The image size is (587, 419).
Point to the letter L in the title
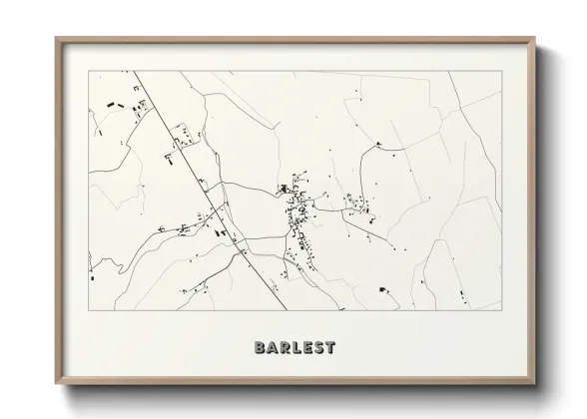point(299,348)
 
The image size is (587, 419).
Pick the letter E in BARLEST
point(309,348)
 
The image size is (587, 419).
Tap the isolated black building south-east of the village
point(382,289)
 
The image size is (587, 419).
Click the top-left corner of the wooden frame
point(57,39)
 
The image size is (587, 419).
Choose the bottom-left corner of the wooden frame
point(57,383)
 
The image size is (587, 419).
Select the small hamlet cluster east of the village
point(357,208)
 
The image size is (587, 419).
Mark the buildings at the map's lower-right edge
point(463,294)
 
